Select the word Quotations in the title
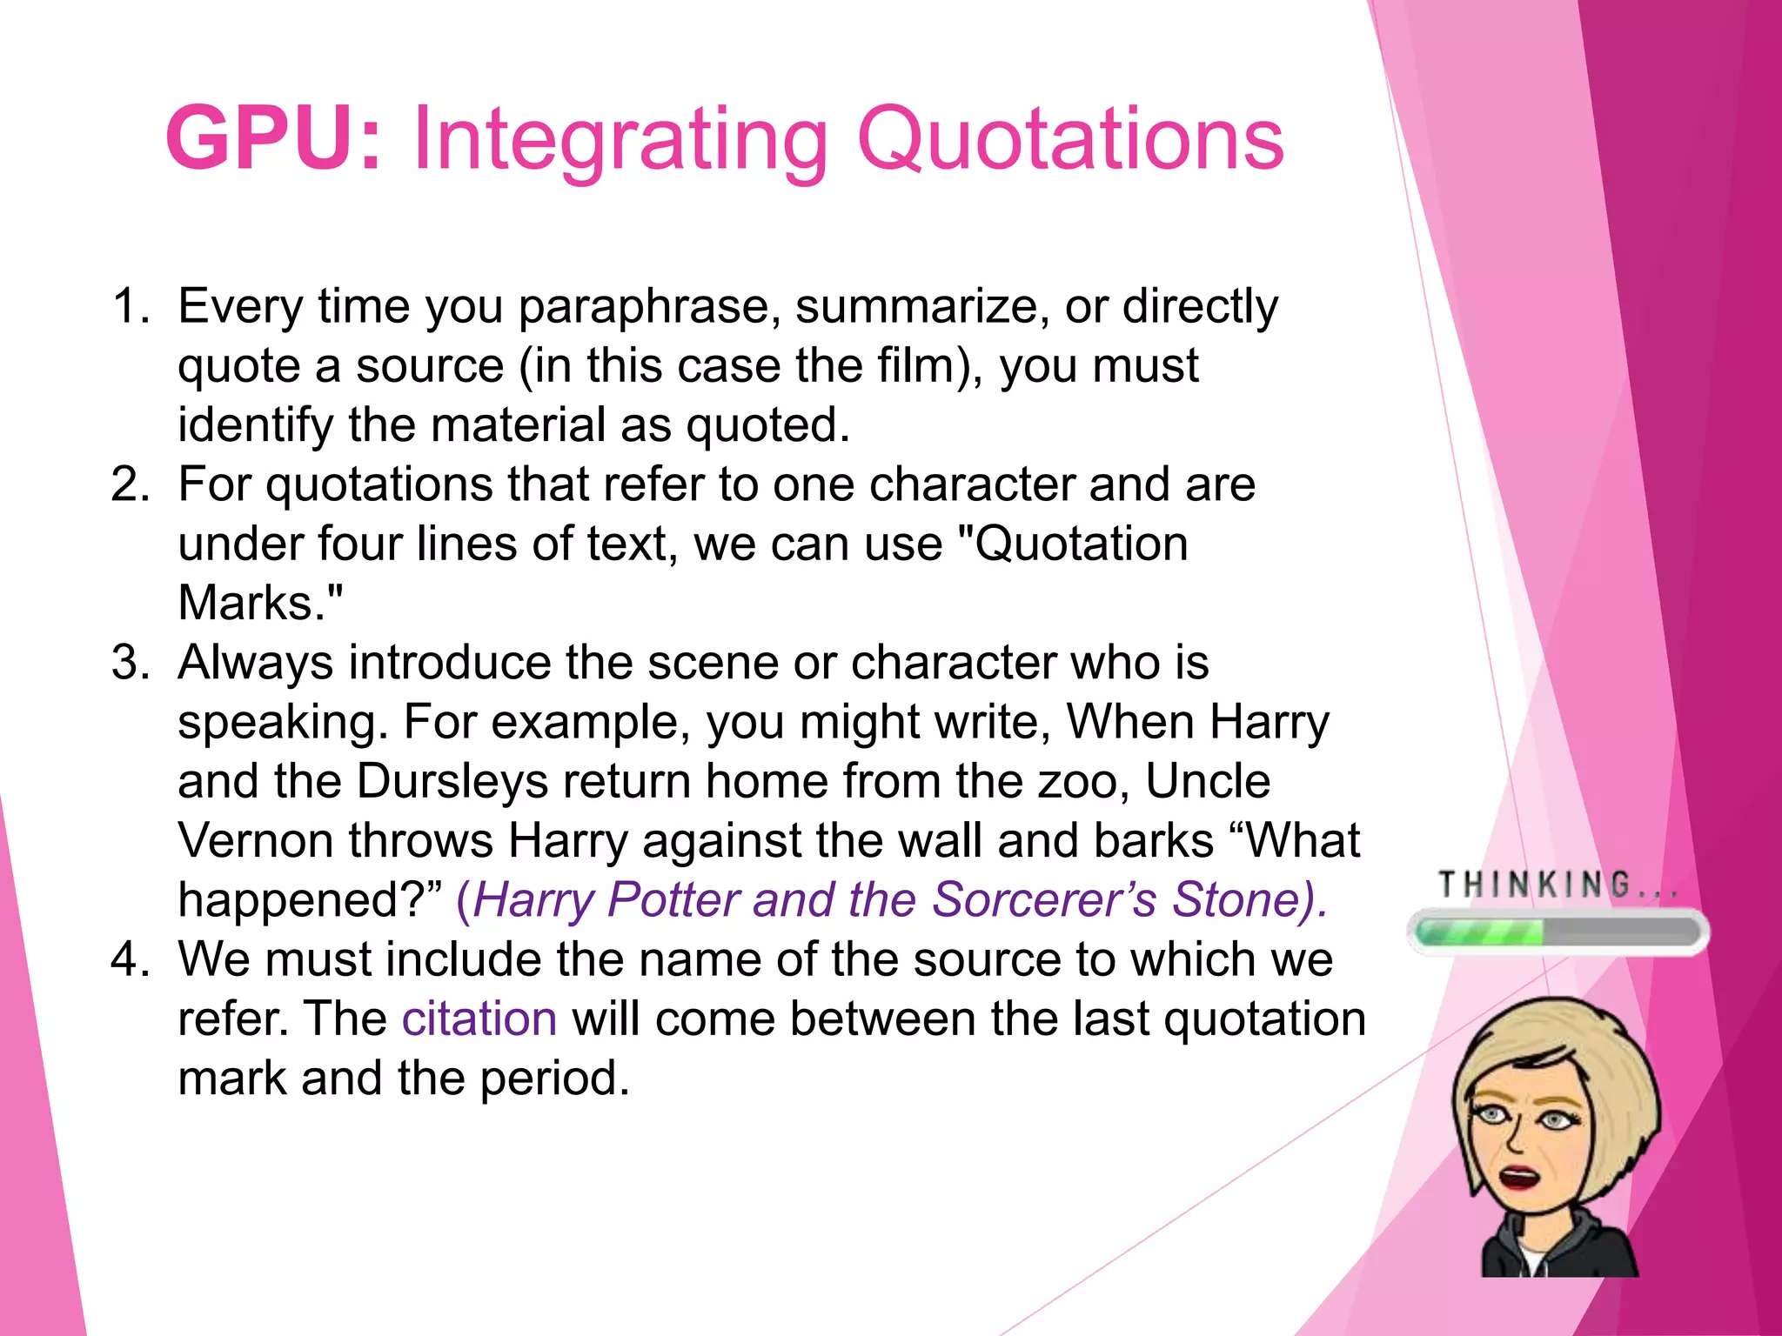tap(1070, 139)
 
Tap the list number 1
tap(131, 307)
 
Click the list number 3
tap(131, 663)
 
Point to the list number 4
tap(131, 960)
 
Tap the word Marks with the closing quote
tap(260, 603)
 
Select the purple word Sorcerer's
tap(1044, 900)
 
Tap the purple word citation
tap(479, 1019)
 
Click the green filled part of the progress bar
tap(1479, 933)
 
